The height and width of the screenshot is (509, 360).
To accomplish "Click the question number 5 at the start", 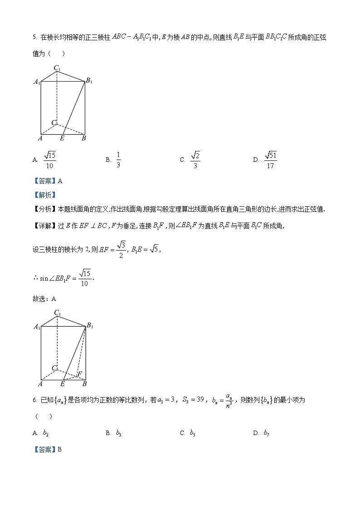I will [x=34, y=38].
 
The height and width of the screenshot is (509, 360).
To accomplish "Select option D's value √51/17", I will [x=271, y=160].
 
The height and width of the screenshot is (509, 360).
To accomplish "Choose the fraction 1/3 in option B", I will [x=118, y=160].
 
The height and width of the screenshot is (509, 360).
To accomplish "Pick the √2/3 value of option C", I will [x=195, y=160].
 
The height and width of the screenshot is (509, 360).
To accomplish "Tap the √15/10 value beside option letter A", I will [x=49, y=160].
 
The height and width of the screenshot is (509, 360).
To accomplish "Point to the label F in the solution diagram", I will [x=80, y=374].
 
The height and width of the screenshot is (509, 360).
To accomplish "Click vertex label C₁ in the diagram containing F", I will [x=58, y=312].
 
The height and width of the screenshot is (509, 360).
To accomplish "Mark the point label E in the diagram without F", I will [x=62, y=138].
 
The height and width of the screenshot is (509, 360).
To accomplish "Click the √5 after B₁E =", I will [x=155, y=249].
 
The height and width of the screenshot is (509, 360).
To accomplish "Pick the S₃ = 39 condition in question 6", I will [x=193, y=400].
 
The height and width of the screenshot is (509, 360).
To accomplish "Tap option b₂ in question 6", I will [x=46, y=433].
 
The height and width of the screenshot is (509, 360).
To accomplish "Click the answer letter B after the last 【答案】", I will [x=59, y=449].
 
